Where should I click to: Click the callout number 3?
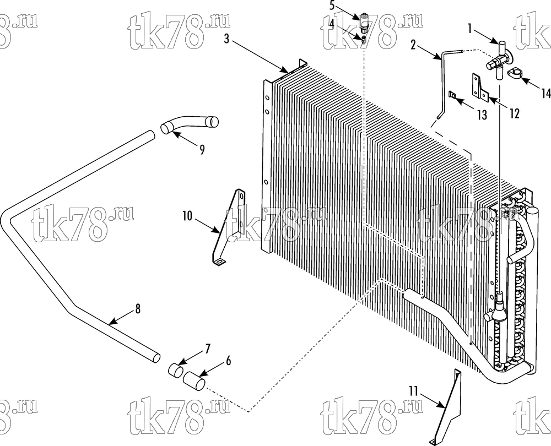pos(226,39)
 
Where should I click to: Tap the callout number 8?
pos(138,309)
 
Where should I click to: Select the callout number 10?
pos(187,216)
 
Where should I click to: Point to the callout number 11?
pos(414,391)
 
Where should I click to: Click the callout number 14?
pos(545,94)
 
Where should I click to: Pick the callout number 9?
pos(202,150)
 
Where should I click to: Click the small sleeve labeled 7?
pos(175,370)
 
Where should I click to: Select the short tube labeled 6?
pos(195,380)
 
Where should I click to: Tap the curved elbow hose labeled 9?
pos(190,125)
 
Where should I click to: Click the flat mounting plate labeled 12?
pos(479,87)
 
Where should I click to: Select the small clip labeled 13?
pos(453,95)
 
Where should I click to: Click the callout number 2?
pos(413,45)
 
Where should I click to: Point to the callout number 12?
pos(514,113)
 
